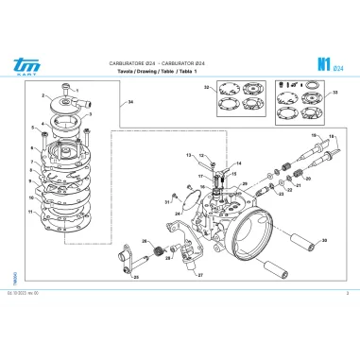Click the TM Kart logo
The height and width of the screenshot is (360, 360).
(x=21, y=64)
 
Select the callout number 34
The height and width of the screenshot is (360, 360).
(x=130, y=101)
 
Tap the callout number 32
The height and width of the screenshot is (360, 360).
(x=206, y=88)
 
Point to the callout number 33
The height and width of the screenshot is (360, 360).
(x=334, y=94)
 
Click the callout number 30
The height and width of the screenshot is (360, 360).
(x=325, y=241)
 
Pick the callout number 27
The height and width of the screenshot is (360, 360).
(x=200, y=275)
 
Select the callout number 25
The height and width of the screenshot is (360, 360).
(x=135, y=279)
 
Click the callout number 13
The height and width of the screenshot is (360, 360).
(x=189, y=153)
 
